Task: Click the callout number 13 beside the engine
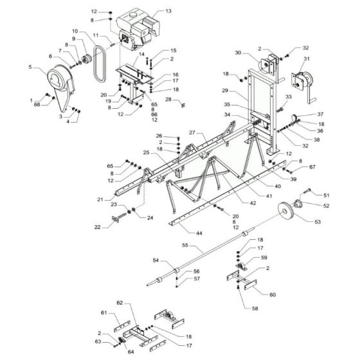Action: pyautogui.click(x=169, y=12)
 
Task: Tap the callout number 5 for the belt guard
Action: pyautogui.click(x=30, y=67)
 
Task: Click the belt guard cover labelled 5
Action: pyautogui.click(x=57, y=85)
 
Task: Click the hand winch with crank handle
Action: pyautogui.click(x=300, y=84)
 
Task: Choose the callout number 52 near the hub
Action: pyautogui.click(x=326, y=206)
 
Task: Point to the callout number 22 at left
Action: pyautogui.click(x=96, y=227)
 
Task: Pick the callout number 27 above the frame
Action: pyautogui.click(x=191, y=131)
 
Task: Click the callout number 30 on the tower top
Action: pyautogui.click(x=237, y=53)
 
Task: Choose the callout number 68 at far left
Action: pyautogui.click(x=37, y=104)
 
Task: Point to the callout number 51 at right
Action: pyautogui.click(x=326, y=194)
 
